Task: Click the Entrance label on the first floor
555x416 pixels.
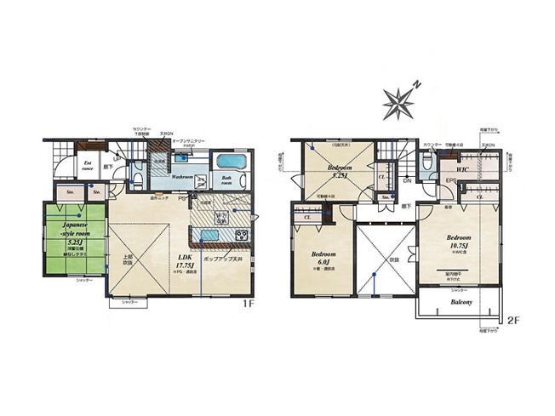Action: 88,167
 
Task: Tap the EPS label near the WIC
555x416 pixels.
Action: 450,180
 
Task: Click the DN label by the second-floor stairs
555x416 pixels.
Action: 407,180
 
